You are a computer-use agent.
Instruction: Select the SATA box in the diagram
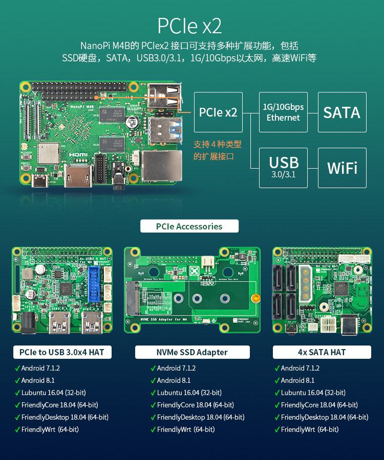(x=342, y=112)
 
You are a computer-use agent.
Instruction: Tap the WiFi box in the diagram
(x=342, y=168)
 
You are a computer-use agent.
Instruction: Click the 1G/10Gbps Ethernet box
(x=283, y=112)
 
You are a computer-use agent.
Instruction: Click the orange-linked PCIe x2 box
(x=218, y=112)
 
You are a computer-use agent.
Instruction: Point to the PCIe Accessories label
(x=189, y=226)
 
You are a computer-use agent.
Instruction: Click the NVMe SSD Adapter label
(x=192, y=352)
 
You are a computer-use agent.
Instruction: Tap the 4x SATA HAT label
(x=322, y=352)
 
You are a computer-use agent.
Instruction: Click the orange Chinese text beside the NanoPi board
(x=217, y=150)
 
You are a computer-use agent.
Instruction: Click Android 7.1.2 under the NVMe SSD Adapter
(x=177, y=368)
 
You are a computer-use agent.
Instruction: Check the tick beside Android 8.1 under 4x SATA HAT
(x=276, y=380)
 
